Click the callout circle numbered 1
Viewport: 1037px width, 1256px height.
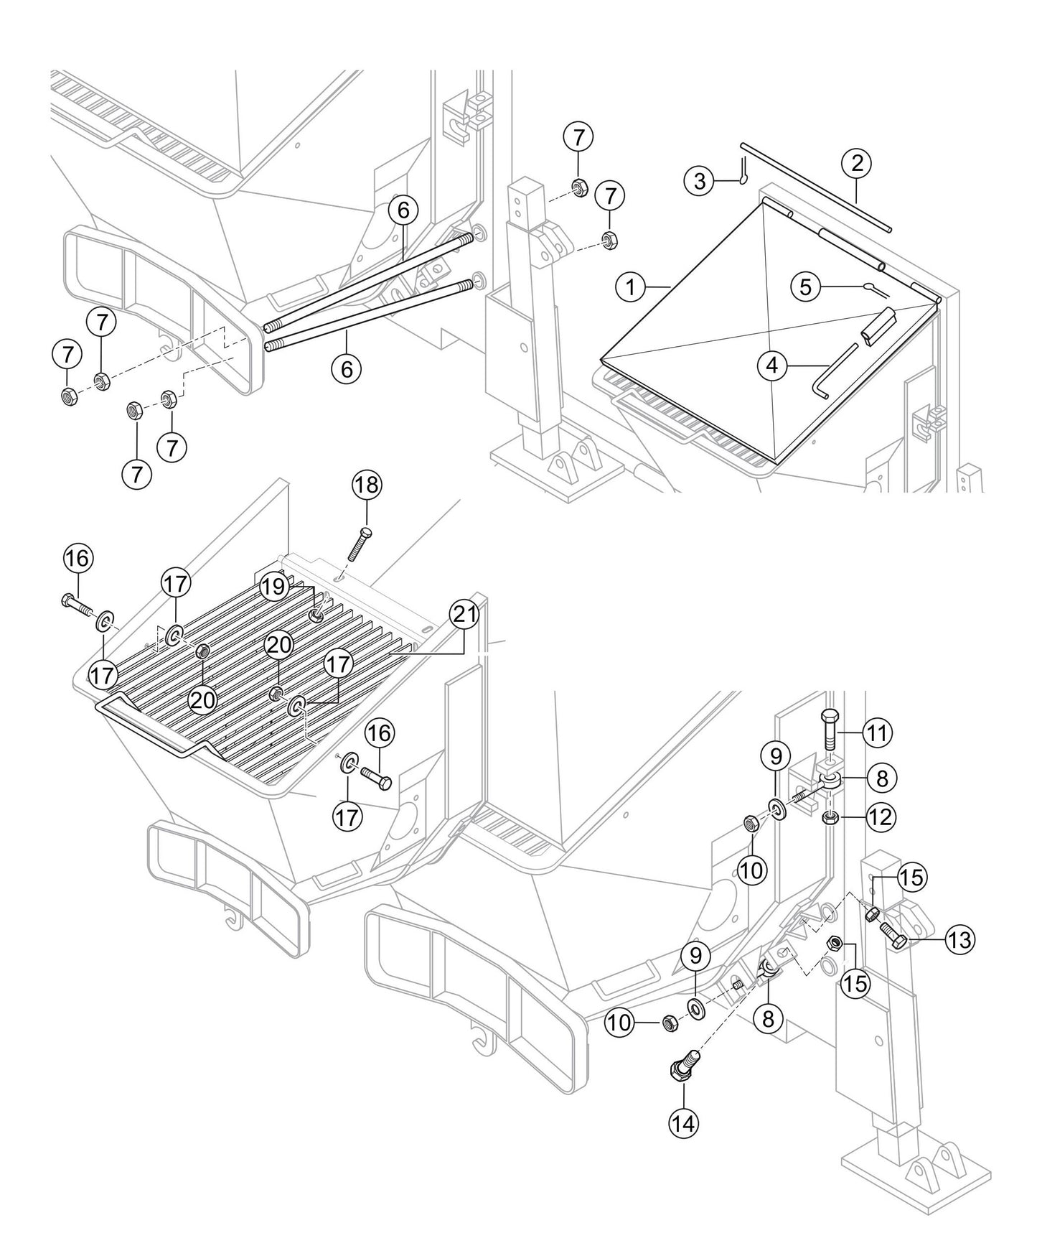tap(630, 288)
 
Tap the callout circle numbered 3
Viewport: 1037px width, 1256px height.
tap(700, 180)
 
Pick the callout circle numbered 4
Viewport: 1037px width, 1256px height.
tap(771, 366)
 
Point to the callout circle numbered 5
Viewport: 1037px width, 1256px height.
tap(806, 287)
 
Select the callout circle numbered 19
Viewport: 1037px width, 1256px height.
tap(273, 587)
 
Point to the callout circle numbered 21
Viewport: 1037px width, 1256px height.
tap(464, 614)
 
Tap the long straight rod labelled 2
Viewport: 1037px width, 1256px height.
tap(815, 187)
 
